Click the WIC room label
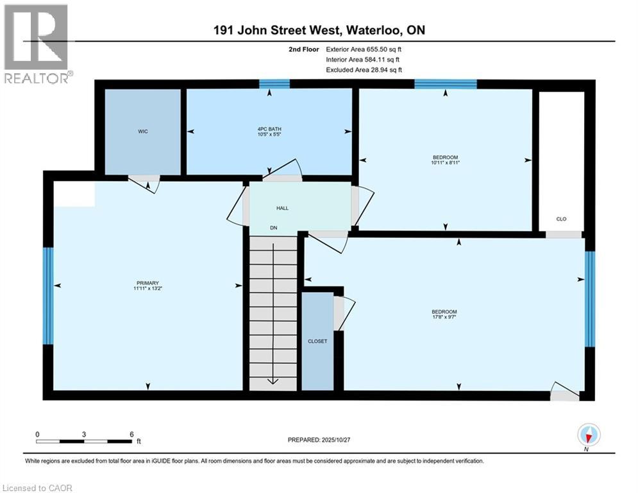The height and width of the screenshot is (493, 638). coord(143,132)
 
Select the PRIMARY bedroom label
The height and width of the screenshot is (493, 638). coord(147,283)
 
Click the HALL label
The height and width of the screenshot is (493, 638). coord(282,209)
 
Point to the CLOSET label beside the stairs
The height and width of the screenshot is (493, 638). coord(317,342)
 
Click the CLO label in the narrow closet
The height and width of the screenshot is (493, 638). coord(561,219)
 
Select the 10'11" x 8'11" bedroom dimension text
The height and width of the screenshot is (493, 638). coord(445,163)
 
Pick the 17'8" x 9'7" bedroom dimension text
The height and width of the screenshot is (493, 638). coord(444,316)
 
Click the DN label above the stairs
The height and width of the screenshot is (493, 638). coord(273,227)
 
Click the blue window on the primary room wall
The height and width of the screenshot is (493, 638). coord(47,295)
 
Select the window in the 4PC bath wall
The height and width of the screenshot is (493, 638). coord(274,83)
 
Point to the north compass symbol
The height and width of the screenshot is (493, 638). coord(589,436)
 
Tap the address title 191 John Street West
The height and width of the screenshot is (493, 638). coord(319,30)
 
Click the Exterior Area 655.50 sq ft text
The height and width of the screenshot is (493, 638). coord(365,49)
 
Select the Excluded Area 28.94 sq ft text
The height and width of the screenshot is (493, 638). coord(364,69)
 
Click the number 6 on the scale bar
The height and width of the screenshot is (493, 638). coord(131,434)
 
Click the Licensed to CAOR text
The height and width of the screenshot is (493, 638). coord(37,488)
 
